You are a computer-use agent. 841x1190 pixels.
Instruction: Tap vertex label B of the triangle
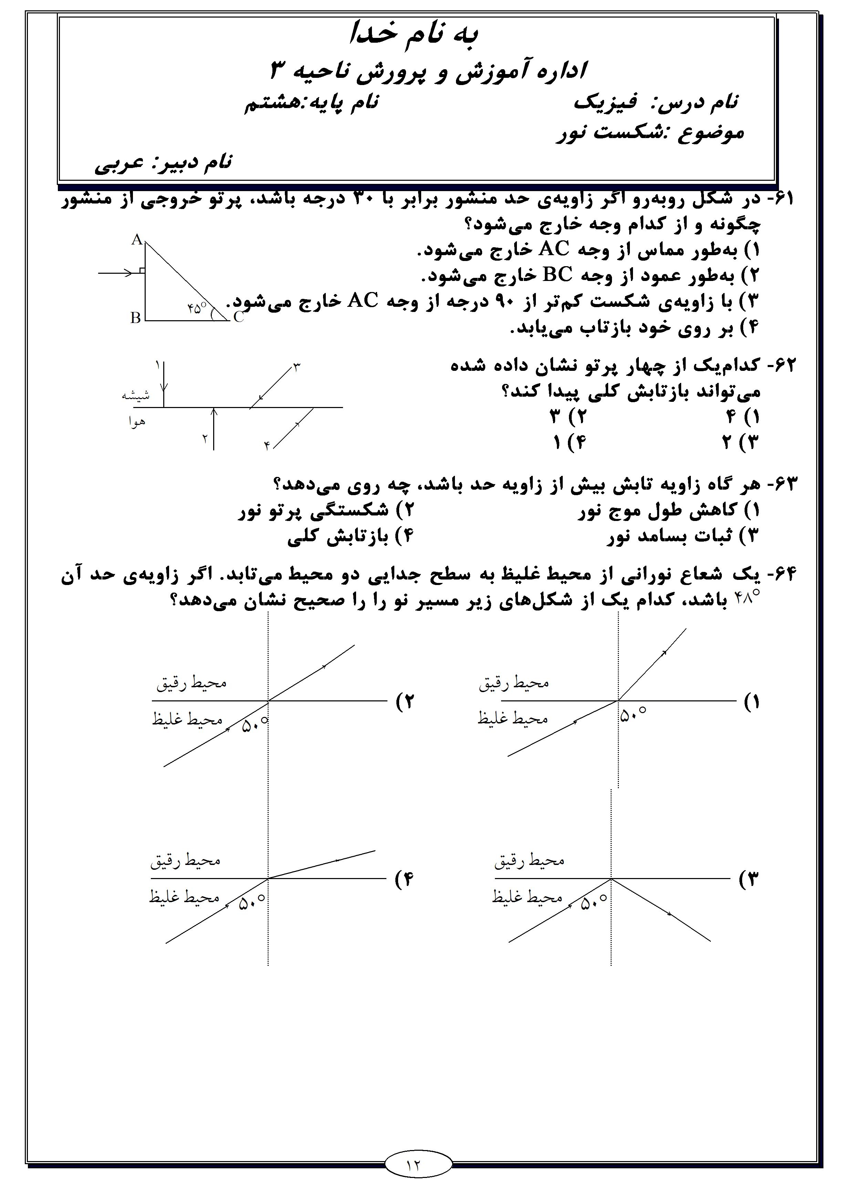tap(136, 318)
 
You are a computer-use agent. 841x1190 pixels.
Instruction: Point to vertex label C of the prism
tap(239, 318)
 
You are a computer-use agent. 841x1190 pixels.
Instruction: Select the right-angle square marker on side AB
tap(143, 271)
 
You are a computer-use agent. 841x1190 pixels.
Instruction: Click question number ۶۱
tap(781, 199)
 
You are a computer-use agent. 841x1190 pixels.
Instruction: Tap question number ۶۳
tap(781, 484)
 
